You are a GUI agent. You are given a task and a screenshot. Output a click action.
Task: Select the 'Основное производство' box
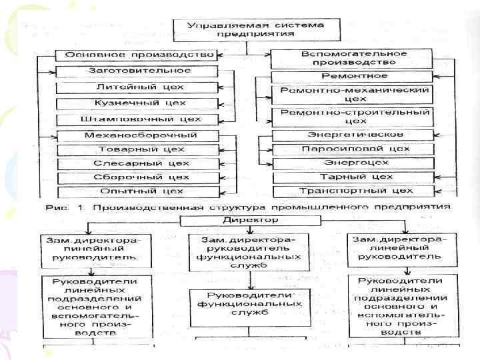tap(136, 55)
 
